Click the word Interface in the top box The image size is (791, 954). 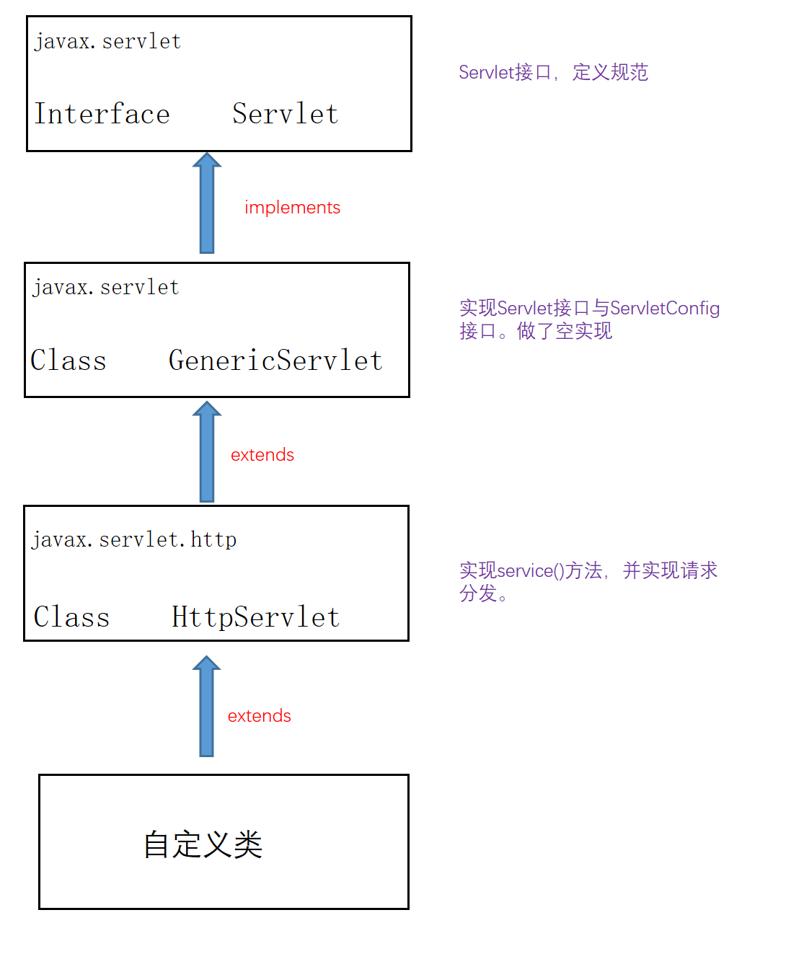pyautogui.click(x=102, y=114)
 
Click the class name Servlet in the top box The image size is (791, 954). pyautogui.click(x=285, y=114)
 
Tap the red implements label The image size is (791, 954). pyautogui.click(x=292, y=208)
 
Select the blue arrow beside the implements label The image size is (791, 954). pyautogui.click(x=207, y=204)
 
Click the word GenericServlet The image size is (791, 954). pyautogui.click(x=275, y=360)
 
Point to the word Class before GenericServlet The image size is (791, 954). pyautogui.click(x=69, y=360)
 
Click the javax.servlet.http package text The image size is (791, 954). pyautogui.click(x=134, y=539)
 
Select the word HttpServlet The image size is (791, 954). pyautogui.click(x=255, y=617)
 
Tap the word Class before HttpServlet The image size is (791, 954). pyautogui.click(x=71, y=617)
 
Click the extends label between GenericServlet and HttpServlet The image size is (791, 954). pyautogui.click(x=262, y=455)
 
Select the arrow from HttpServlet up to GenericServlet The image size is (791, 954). pyautogui.click(x=207, y=453)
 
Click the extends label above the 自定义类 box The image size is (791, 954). pyautogui.click(x=259, y=716)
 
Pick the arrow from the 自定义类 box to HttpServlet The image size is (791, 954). pyautogui.click(x=207, y=707)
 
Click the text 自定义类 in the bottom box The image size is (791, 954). pyautogui.click(x=203, y=844)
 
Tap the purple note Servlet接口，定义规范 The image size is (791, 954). pyautogui.click(x=553, y=72)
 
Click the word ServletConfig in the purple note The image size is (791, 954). pyautogui.click(x=665, y=309)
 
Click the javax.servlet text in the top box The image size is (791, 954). pyautogui.click(x=107, y=42)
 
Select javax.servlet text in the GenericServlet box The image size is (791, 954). pyautogui.click(x=105, y=288)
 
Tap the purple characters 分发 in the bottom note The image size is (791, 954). pyautogui.click(x=478, y=593)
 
